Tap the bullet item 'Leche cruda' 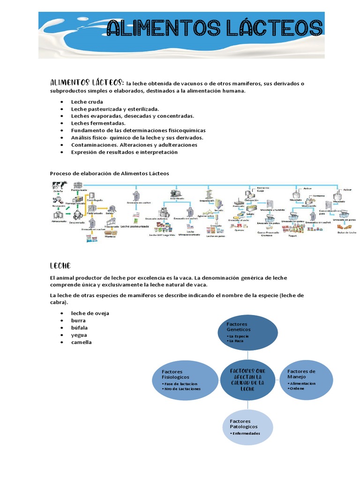[x=87, y=102]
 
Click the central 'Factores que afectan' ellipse [x=248, y=380]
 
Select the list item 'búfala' [x=79, y=328]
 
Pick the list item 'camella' [x=81, y=342]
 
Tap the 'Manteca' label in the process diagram [x=110, y=236]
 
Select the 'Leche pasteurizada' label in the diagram [x=135, y=226]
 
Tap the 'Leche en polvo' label [x=216, y=236]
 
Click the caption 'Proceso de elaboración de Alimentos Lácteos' [x=109, y=173]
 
